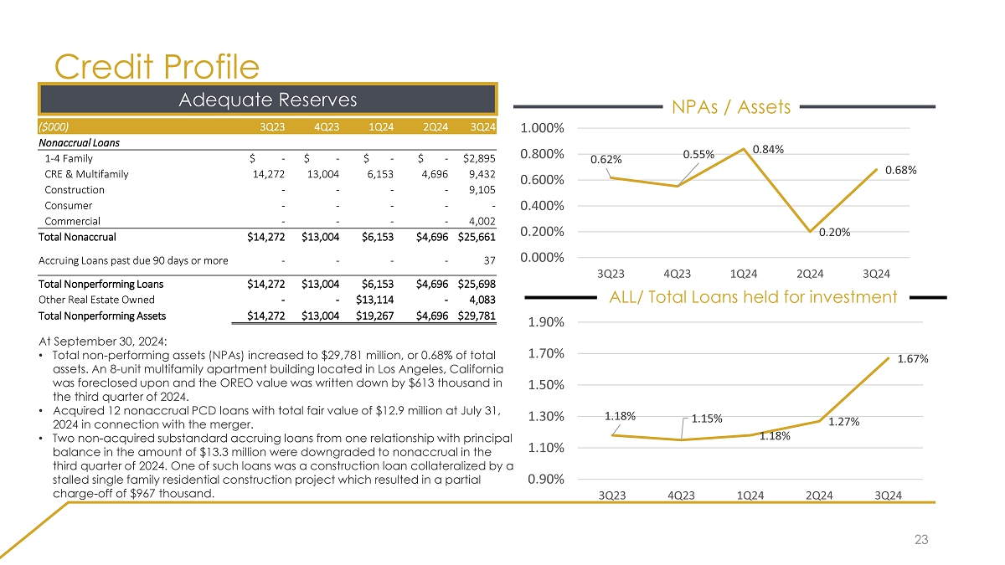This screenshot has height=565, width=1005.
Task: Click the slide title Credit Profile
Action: pos(157,66)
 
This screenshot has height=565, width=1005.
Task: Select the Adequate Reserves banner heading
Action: pos(268,100)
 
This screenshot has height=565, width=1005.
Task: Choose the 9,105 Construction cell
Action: pos(482,190)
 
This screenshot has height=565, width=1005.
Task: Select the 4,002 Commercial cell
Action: pos(482,221)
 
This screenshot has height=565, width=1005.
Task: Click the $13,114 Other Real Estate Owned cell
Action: pos(370,300)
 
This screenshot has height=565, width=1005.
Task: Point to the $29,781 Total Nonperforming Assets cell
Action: pos(479,316)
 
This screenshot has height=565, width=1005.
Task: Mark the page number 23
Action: pos(921,541)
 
